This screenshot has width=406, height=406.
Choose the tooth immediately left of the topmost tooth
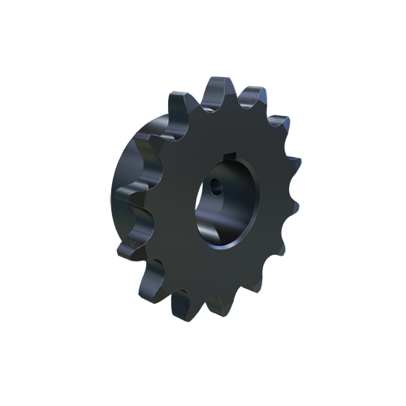[180, 101]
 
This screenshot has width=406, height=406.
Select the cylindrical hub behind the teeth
[130, 179]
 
